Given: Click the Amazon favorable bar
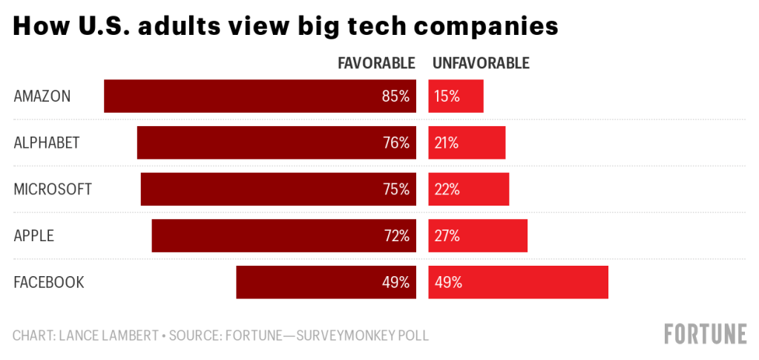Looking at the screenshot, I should tap(260, 96).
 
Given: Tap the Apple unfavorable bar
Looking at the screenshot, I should tap(478, 236).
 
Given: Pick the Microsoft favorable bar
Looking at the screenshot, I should tap(278, 189).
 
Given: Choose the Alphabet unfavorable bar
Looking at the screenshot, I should tap(467, 143).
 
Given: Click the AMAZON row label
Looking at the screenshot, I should tap(42, 96).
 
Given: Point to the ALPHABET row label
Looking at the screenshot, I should tap(47, 143).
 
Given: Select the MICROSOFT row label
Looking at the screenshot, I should tap(53, 189).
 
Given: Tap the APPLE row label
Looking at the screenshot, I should tap(34, 236).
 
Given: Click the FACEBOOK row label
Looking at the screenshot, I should tap(49, 282).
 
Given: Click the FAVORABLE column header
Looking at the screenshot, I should tap(376, 63).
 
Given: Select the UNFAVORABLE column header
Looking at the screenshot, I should tap(481, 63).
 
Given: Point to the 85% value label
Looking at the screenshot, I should tap(395, 96).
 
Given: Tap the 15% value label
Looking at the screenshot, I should tap(447, 96).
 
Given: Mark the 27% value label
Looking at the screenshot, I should tap(447, 236).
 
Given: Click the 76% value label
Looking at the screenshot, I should tap(395, 143).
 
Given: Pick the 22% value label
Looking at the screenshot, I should tap(447, 189).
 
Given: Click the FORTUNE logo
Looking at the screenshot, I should tap(705, 334).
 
